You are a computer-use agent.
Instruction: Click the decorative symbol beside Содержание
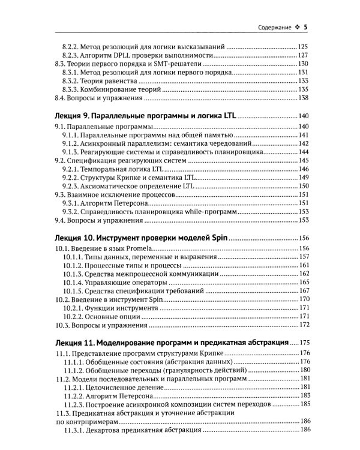[x=297, y=27]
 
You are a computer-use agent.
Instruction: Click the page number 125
[x=303, y=46]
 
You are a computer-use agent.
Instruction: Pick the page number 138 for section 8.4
[x=303, y=98]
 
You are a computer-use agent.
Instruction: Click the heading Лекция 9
[x=72, y=116]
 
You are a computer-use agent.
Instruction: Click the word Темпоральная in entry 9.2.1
[x=106, y=170]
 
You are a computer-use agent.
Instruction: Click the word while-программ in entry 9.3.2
[x=203, y=212]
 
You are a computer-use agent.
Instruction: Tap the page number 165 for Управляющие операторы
[x=303, y=282]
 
